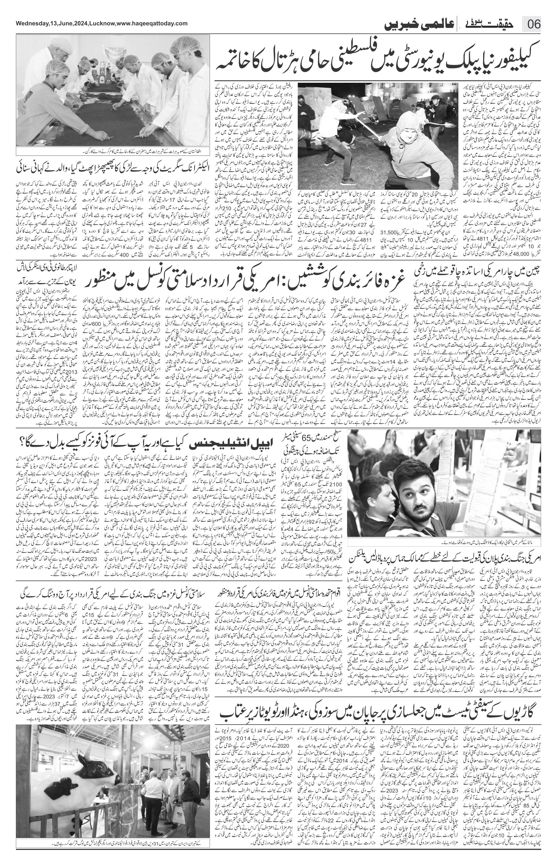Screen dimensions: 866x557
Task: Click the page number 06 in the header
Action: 534,25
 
